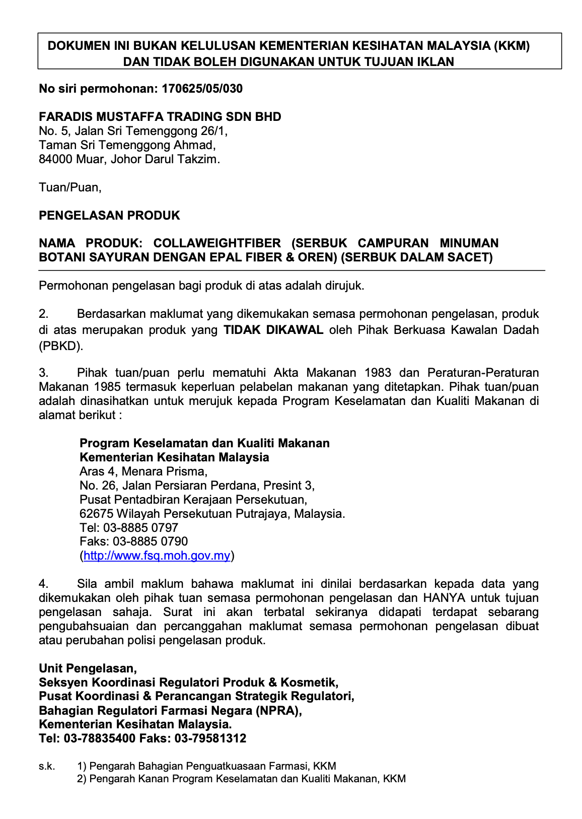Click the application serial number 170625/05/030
pyautogui.click(x=202, y=89)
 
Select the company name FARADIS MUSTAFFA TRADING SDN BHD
pyautogui.click(x=160, y=117)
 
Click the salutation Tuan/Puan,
pyautogui.click(x=70, y=187)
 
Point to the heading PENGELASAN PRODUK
pyautogui.click(x=109, y=216)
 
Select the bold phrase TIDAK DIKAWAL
pyautogui.click(x=273, y=330)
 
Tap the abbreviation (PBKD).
pyautogui.click(x=60, y=346)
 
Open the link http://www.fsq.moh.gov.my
pyautogui.click(x=157, y=556)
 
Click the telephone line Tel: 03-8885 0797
pyautogui.click(x=129, y=528)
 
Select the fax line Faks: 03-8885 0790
pyautogui.click(x=133, y=541)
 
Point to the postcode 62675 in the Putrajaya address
pyautogui.click(x=96, y=514)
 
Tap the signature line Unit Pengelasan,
pyautogui.click(x=88, y=668)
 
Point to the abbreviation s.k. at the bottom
pyautogui.click(x=47, y=766)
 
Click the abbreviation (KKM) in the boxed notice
pyautogui.click(x=512, y=46)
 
